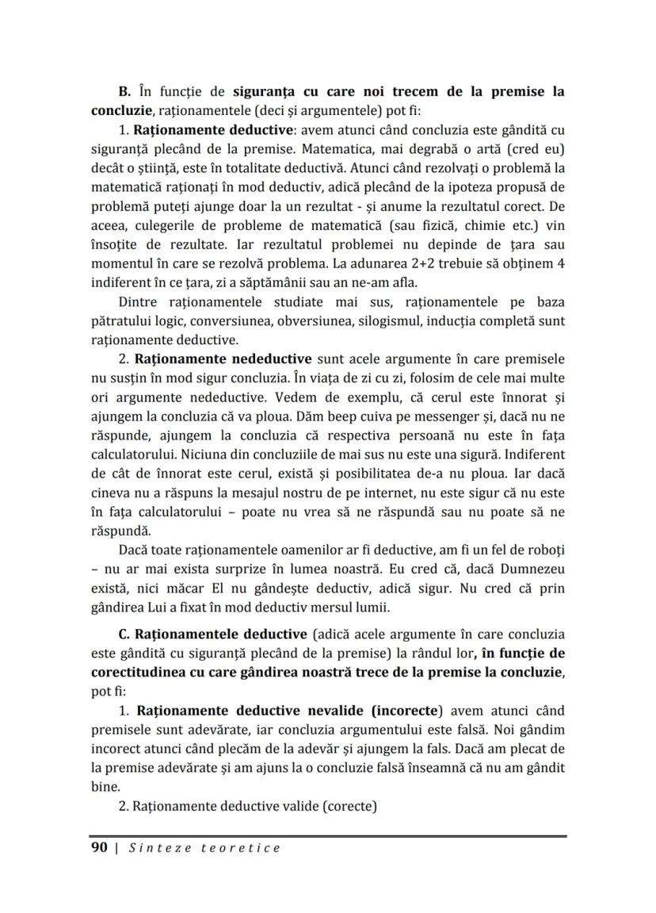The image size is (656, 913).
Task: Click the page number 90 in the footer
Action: (x=99, y=848)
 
